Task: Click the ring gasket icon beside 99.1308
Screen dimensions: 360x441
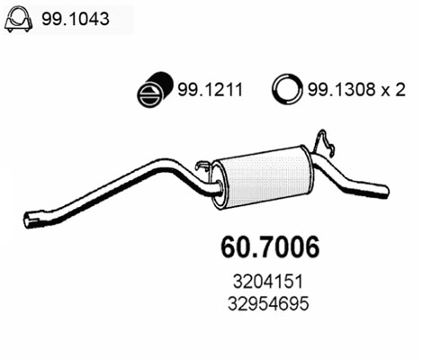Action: [286, 90]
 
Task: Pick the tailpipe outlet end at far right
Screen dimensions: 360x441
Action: [385, 192]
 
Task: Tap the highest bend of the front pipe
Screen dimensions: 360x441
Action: [162, 165]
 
